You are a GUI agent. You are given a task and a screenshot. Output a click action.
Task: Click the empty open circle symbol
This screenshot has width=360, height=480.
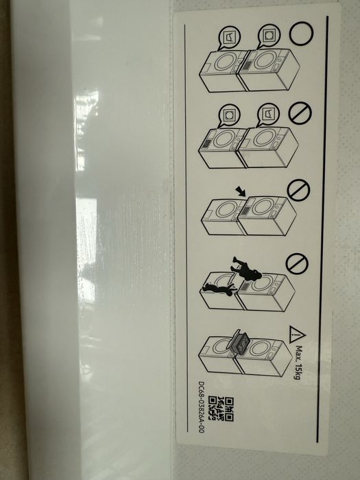point(301,34)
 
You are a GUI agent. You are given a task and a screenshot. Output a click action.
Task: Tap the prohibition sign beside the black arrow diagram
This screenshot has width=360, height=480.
point(298,190)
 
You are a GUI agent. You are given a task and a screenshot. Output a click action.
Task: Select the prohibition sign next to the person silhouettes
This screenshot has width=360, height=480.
point(297,263)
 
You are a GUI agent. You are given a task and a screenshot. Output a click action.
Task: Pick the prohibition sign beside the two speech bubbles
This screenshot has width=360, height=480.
point(300,113)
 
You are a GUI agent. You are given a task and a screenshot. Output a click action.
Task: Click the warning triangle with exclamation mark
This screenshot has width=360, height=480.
point(296,335)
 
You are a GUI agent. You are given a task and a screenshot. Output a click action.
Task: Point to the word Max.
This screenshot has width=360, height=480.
point(299,354)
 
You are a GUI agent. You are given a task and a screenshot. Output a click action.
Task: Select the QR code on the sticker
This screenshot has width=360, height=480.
point(221,409)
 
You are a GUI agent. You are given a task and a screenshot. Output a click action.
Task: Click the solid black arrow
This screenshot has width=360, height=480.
point(241,191)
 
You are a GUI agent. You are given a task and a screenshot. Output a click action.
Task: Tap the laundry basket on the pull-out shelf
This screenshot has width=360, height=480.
point(239,343)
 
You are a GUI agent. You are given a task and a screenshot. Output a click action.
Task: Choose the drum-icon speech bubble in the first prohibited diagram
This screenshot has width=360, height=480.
point(228,116)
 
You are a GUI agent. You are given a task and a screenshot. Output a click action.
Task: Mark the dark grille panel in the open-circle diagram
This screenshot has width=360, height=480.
point(247,65)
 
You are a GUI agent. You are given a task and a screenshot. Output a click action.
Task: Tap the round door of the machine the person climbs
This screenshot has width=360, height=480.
point(263,283)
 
